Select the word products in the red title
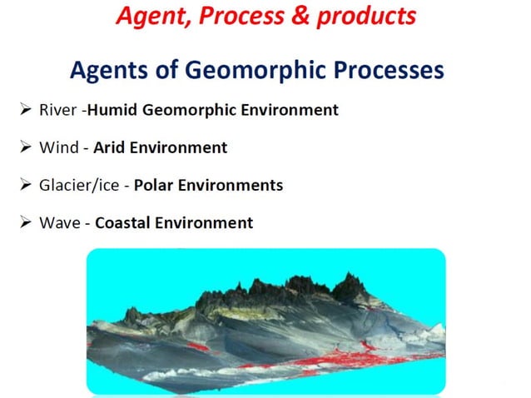tap(362, 15)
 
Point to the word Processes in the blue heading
tap(383, 72)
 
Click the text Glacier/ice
tap(82, 185)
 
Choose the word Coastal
tap(125, 222)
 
